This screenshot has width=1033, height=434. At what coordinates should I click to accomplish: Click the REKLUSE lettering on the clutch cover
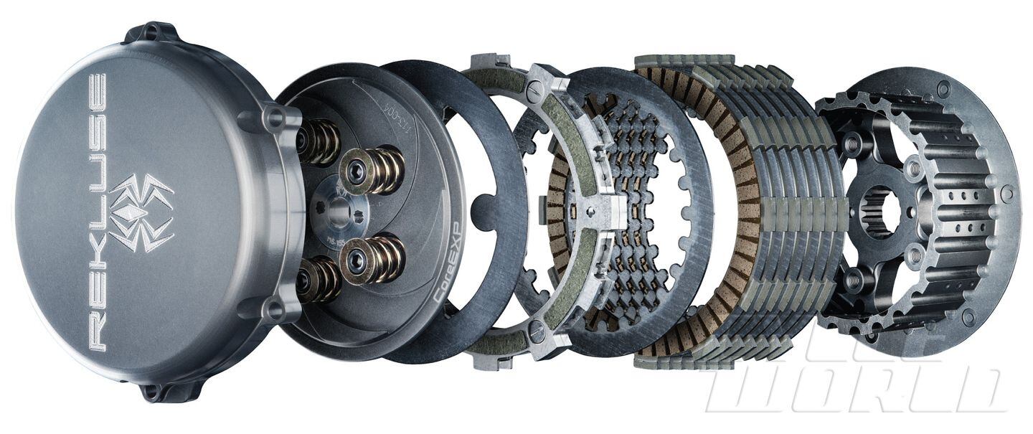(96, 212)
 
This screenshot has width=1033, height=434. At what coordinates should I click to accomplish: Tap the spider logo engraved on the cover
(141, 212)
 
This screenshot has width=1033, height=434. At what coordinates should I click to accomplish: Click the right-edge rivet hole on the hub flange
(1007, 194)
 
